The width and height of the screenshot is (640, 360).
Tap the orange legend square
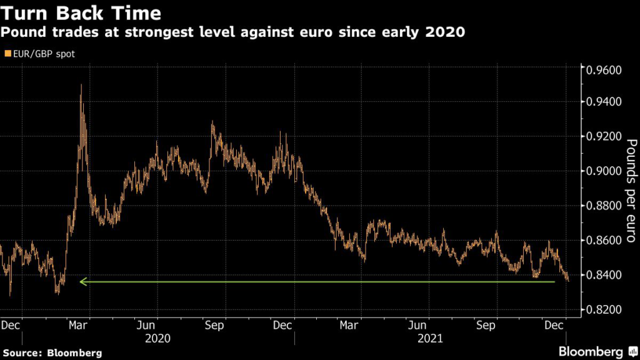click(7, 54)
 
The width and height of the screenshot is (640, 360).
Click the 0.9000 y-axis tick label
click(603, 171)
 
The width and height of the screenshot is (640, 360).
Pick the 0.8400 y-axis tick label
click(603, 275)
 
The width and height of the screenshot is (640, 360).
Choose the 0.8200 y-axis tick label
click(603, 310)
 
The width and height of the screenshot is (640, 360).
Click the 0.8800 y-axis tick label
click(603, 206)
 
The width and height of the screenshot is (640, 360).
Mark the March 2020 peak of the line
click(81, 86)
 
